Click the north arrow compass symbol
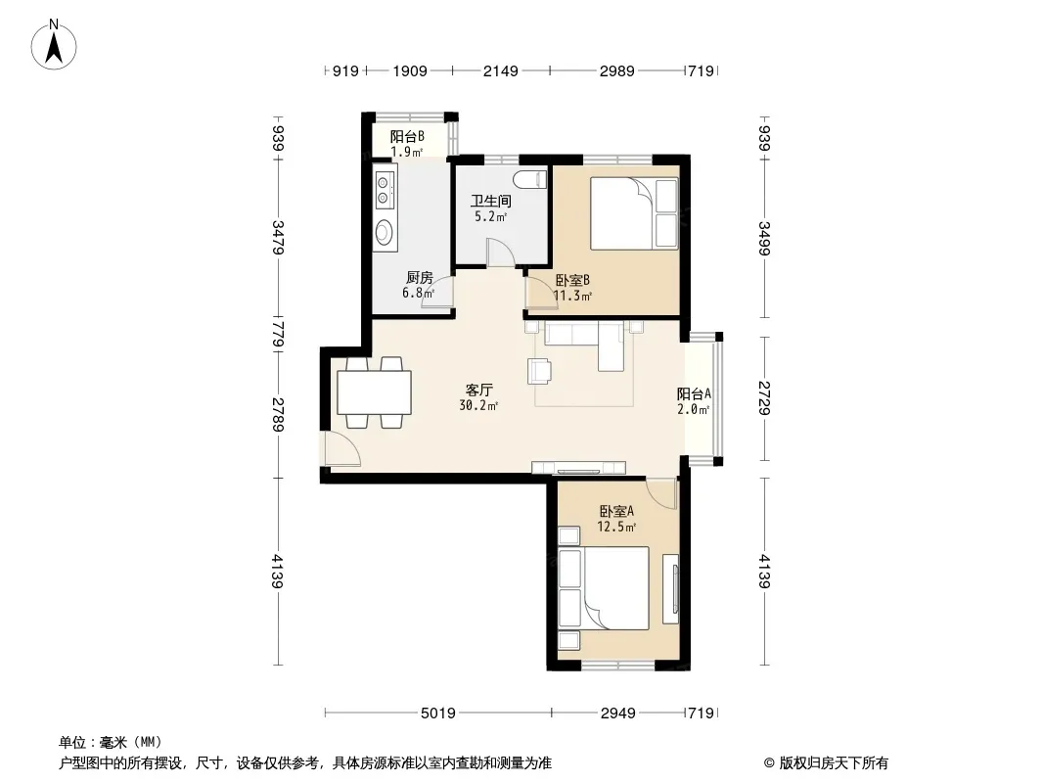tap(54, 44)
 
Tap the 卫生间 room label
tap(491, 201)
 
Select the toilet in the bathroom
tap(531, 180)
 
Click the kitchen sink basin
tap(385, 232)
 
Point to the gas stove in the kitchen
tap(384, 189)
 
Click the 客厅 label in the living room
tap(478, 390)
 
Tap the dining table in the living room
tap(374, 393)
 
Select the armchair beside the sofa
tap(539, 371)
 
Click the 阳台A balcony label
tap(694, 393)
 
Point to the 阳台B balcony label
tap(407, 137)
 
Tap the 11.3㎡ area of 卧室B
tap(572, 296)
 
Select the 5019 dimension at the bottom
tap(437, 714)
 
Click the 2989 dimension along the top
tap(616, 70)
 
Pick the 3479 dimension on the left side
tap(279, 237)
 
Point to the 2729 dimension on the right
tap(765, 397)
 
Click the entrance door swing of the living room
tap(342, 449)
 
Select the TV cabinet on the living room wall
tap(578, 467)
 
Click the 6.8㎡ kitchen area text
tap(419, 293)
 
